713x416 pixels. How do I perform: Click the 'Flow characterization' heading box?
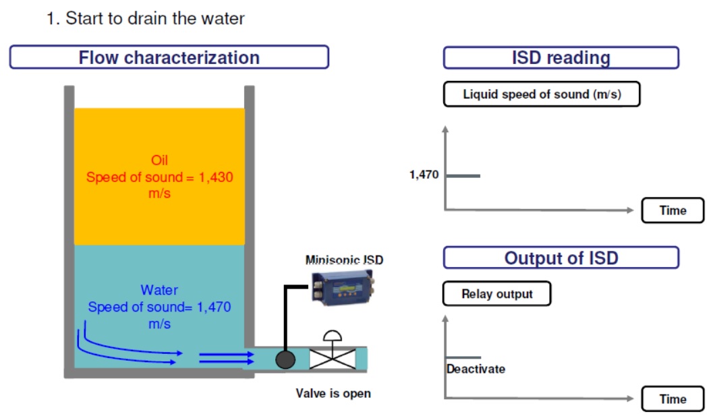pos(169,57)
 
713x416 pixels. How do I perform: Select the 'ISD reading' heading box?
pos(561,58)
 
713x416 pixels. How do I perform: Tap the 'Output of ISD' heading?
pos(561,258)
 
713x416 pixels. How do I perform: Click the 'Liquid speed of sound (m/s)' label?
pos(542,94)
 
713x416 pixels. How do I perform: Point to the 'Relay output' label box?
pos(496,294)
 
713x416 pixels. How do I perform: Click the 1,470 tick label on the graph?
pos(424,175)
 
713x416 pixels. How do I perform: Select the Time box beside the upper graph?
pos(673,210)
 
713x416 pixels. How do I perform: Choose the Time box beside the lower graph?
pos(673,399)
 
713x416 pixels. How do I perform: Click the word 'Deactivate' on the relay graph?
pos(476,369)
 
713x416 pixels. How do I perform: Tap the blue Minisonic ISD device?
pos(343,287)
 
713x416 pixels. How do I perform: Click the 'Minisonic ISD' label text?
pos(344,260)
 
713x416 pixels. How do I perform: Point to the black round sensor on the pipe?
pos(285,360)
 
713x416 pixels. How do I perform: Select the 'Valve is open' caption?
pos(333,393)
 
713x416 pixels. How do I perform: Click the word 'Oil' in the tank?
pos(159,160)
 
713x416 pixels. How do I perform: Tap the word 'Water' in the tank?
pos(159,290)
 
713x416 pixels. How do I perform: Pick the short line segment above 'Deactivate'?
pos(463,357)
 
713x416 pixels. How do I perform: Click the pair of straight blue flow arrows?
pos(227,358)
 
